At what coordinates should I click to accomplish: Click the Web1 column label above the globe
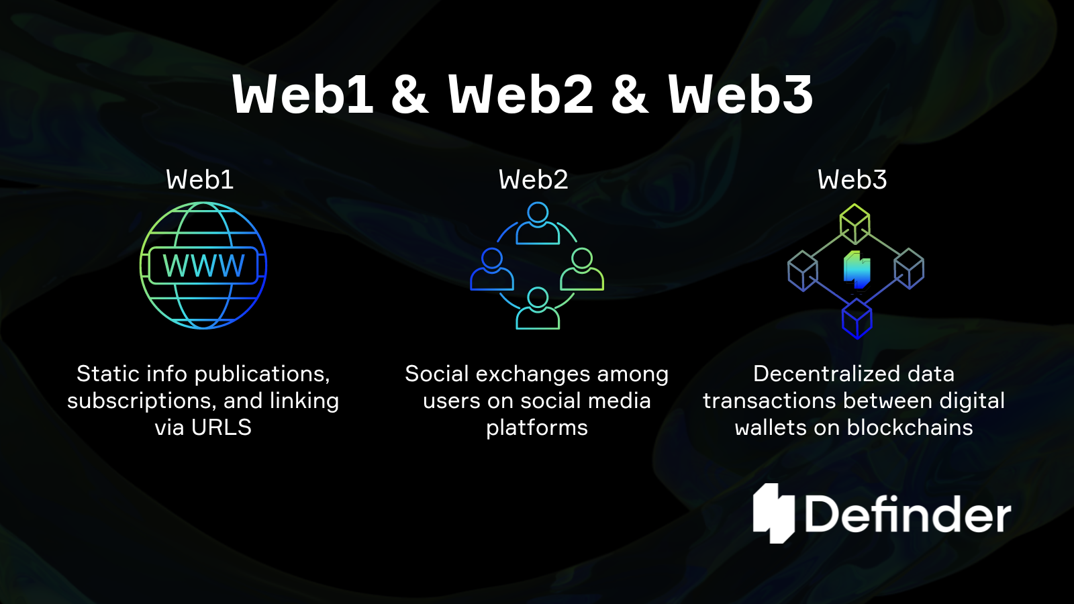coord(199,180)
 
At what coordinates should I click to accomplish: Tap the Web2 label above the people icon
coord(533,180)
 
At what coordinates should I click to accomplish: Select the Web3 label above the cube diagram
coord(852,180)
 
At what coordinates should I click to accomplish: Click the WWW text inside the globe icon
coord(203,266)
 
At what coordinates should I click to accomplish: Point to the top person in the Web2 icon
coord(538,225)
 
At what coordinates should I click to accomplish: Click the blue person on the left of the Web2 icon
coord(492,270)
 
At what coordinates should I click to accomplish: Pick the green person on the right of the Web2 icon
coord(582,270)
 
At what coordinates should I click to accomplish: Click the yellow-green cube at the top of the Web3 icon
coord(855,223)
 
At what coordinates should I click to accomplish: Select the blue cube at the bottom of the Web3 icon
coord(857,318)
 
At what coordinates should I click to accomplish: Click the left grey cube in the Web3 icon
coord(803,270)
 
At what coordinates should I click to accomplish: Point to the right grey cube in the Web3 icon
coord(910,268)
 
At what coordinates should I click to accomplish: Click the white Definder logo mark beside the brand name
coord(774,513)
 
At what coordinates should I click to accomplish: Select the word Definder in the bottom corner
coord(908,515)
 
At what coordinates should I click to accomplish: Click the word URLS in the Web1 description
coord(222,427)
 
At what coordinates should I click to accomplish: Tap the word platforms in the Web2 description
coord(537,427)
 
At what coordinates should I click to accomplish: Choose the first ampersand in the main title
coord(409,95)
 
